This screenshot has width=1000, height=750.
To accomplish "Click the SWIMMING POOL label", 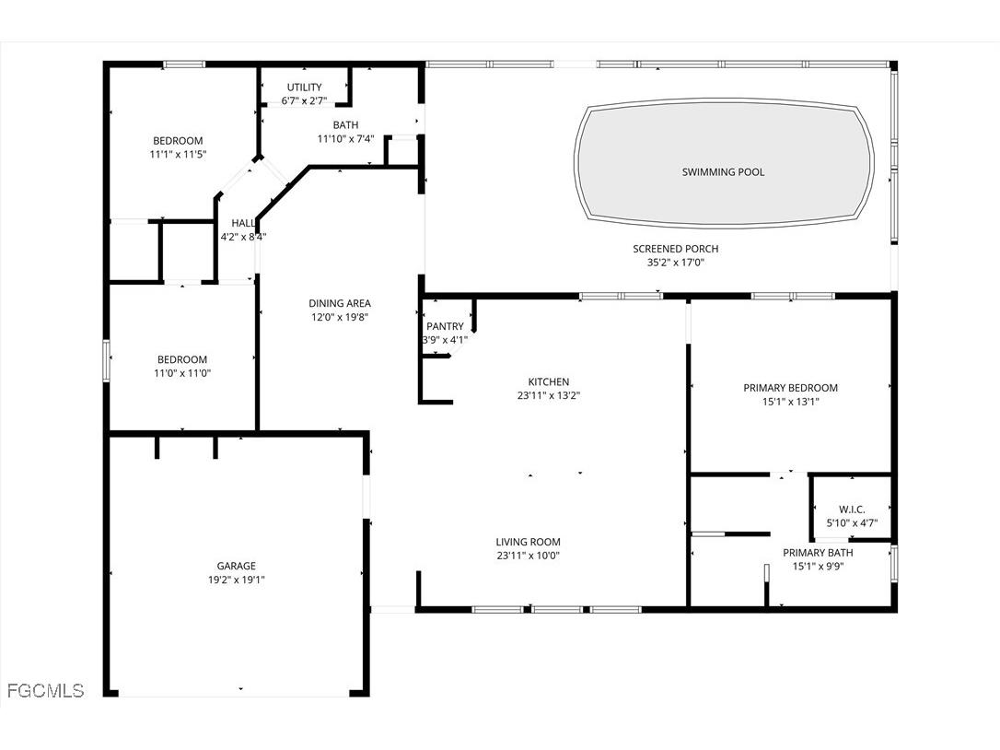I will click(x=723, y=172).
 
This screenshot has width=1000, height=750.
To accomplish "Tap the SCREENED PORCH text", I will click(x=675, y=249).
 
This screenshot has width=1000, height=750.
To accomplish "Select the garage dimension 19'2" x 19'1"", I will click(x=237, y=580).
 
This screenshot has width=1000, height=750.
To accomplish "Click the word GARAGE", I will click(x=237, y=567).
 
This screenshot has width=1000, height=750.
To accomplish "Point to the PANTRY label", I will click(x=445, y=327).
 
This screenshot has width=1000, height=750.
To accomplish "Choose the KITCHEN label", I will click(x=548, y=382).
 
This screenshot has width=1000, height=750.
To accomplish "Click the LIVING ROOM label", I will click(x=528, y=543).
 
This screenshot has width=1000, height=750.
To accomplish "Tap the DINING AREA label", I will click(x=340, y=303).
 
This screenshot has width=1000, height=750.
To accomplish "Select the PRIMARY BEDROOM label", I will click(x=790, y=388).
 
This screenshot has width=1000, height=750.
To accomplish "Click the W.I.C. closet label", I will click(x=852, y=510).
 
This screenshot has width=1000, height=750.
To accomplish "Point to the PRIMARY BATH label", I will click(x=818, y=553).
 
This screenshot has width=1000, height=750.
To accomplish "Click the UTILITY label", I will click(x=304, y=88).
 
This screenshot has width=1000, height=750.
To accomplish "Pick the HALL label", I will click(x=243, y=223).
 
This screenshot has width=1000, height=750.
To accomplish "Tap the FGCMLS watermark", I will click(x=45, y=690).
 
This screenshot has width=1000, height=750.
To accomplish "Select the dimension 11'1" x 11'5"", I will click(x=179, y=155).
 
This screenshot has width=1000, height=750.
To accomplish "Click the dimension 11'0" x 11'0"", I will click(x=181, y=373).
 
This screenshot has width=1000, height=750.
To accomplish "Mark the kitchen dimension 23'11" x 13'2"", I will click(x=548, y=396).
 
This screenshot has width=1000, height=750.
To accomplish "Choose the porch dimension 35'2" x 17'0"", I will click(x=675, y=263).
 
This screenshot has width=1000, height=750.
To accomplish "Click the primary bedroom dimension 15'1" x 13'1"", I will click(x=790, y=402).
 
